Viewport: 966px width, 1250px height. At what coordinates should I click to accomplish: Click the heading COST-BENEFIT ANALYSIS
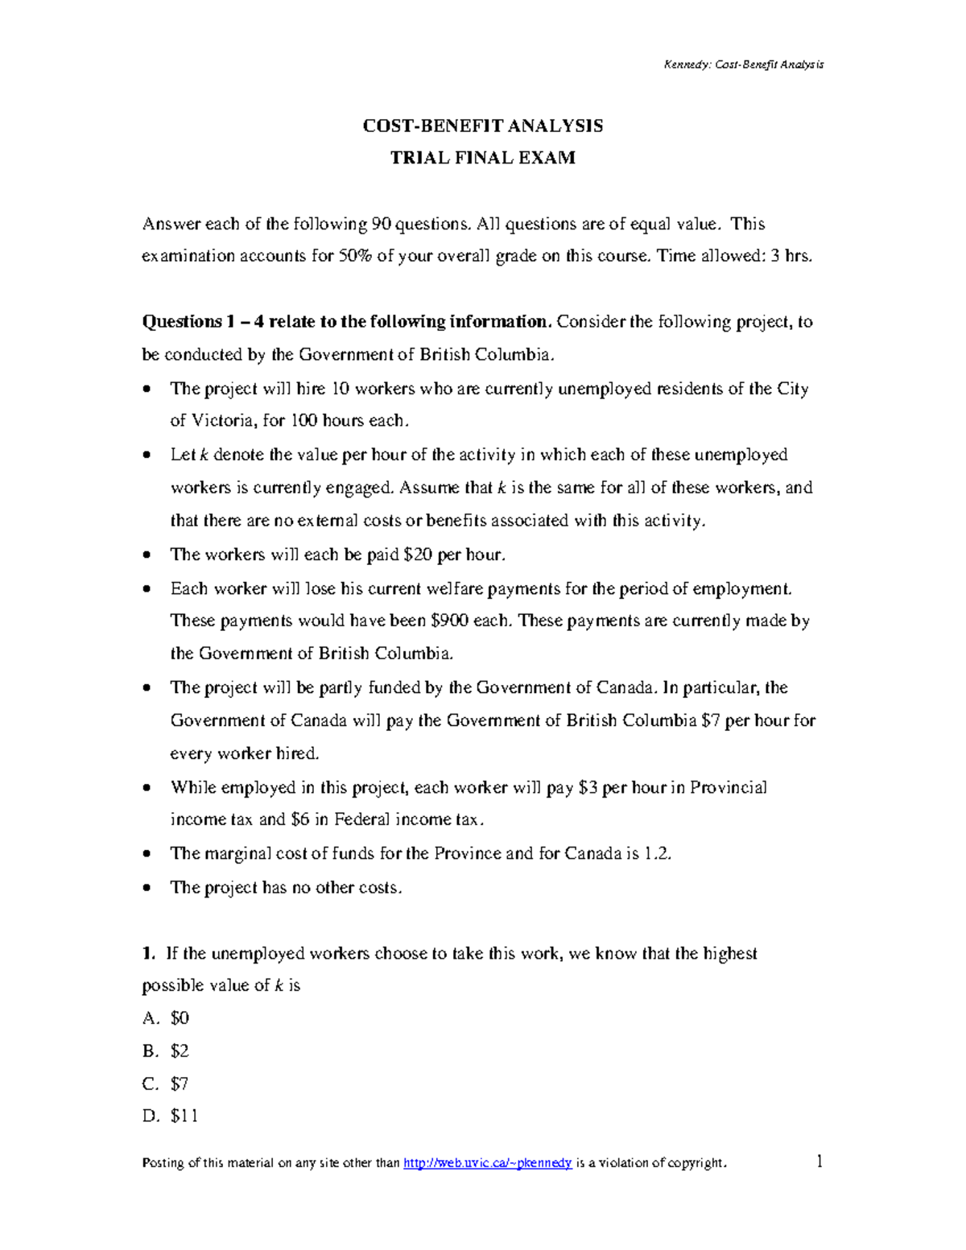pyautogui.click(x=482, y=126)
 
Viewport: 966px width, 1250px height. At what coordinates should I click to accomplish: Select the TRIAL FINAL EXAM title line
pyautogui.click(x=482, y=158)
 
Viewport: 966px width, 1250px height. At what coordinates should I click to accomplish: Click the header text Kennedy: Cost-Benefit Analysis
pyautogui.click(x=743, y=64)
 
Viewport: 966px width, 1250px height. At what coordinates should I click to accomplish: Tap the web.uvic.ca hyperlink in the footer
pyautogui.click(x=487, y=1163)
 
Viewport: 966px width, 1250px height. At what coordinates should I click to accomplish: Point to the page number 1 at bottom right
pyautogui.click(x=819, y=1161)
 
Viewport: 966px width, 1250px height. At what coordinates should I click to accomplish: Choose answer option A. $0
pyautogui.click(x=166, y=1018)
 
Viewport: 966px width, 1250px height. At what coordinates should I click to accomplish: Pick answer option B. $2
pyautogui.click(x=166, y=1051)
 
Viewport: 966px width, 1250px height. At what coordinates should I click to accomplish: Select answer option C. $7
pyautogui.click(x=166, y=1084)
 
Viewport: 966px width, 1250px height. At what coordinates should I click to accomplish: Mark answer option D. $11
pyautogui.click(x=170, y=1116)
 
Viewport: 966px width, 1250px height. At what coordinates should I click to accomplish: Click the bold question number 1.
pyautogui.click(x=147, y=954)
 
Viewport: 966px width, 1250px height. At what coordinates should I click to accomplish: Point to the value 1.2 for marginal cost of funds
pyautogui.click(x=658, y=853)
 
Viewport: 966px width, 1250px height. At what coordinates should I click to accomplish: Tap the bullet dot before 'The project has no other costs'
pyautogui.click(x=146, y=888)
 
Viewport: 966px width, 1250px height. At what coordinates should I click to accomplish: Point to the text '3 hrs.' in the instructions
pyautogui.click(x=791, y=257)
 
